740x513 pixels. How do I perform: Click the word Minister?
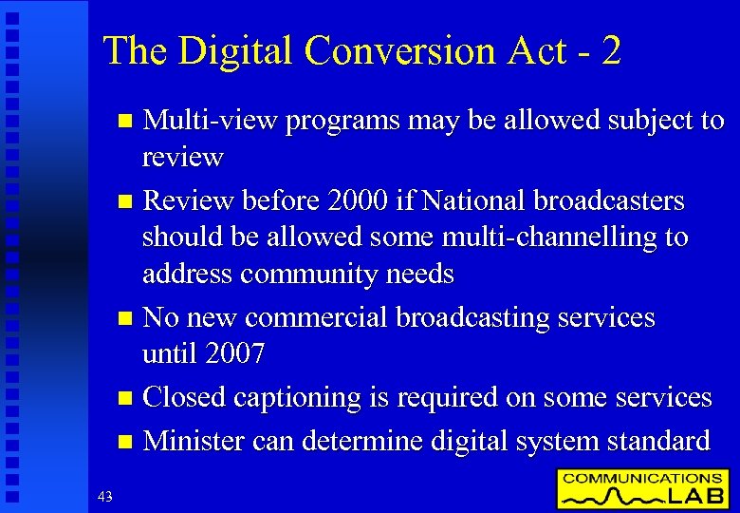point(199,441)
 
